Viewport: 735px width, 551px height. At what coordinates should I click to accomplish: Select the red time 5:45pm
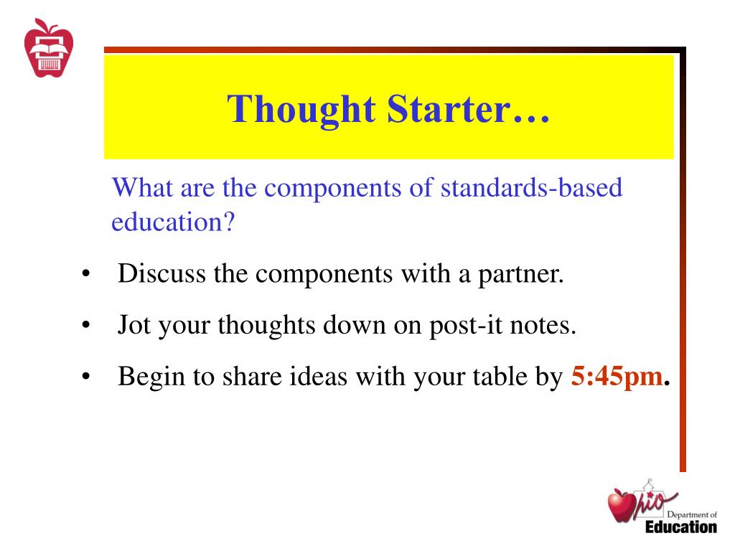(616, 376)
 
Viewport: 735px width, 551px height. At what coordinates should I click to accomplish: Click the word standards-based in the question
(531, 189)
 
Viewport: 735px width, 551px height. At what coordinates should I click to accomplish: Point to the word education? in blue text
(173, 222)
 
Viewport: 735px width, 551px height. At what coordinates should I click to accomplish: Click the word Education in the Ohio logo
(680, 527)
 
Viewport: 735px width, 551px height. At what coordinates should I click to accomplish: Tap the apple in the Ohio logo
(620, 506)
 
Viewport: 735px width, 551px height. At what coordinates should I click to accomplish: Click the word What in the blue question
(141, 189)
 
